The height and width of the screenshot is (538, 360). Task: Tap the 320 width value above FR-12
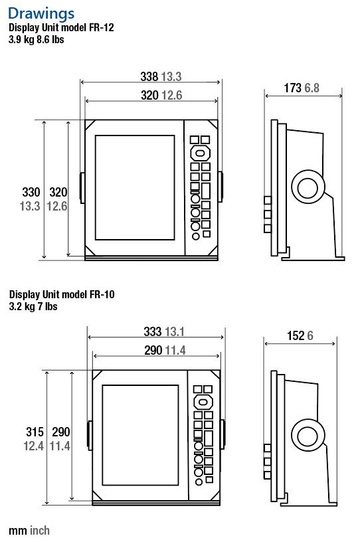(149, 96)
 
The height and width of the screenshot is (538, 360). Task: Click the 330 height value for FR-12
(31, 193)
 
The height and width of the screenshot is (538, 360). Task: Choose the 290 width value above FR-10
(153, 351)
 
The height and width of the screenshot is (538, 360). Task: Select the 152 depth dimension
(296, 336)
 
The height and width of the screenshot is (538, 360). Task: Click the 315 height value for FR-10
(34, 432)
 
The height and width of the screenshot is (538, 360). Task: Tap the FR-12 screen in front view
(135, 187)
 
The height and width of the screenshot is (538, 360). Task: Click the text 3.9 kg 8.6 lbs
(36, 40)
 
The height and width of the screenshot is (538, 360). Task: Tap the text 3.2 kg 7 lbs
(33, 306)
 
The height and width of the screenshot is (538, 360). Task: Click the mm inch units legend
(29, 530)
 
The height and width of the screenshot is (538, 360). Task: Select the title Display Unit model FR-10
(62, 294)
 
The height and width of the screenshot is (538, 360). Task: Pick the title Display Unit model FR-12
(62, 28)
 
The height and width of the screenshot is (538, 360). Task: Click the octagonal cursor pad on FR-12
(200, 153)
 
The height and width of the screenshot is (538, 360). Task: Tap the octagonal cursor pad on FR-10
(203, 403)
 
